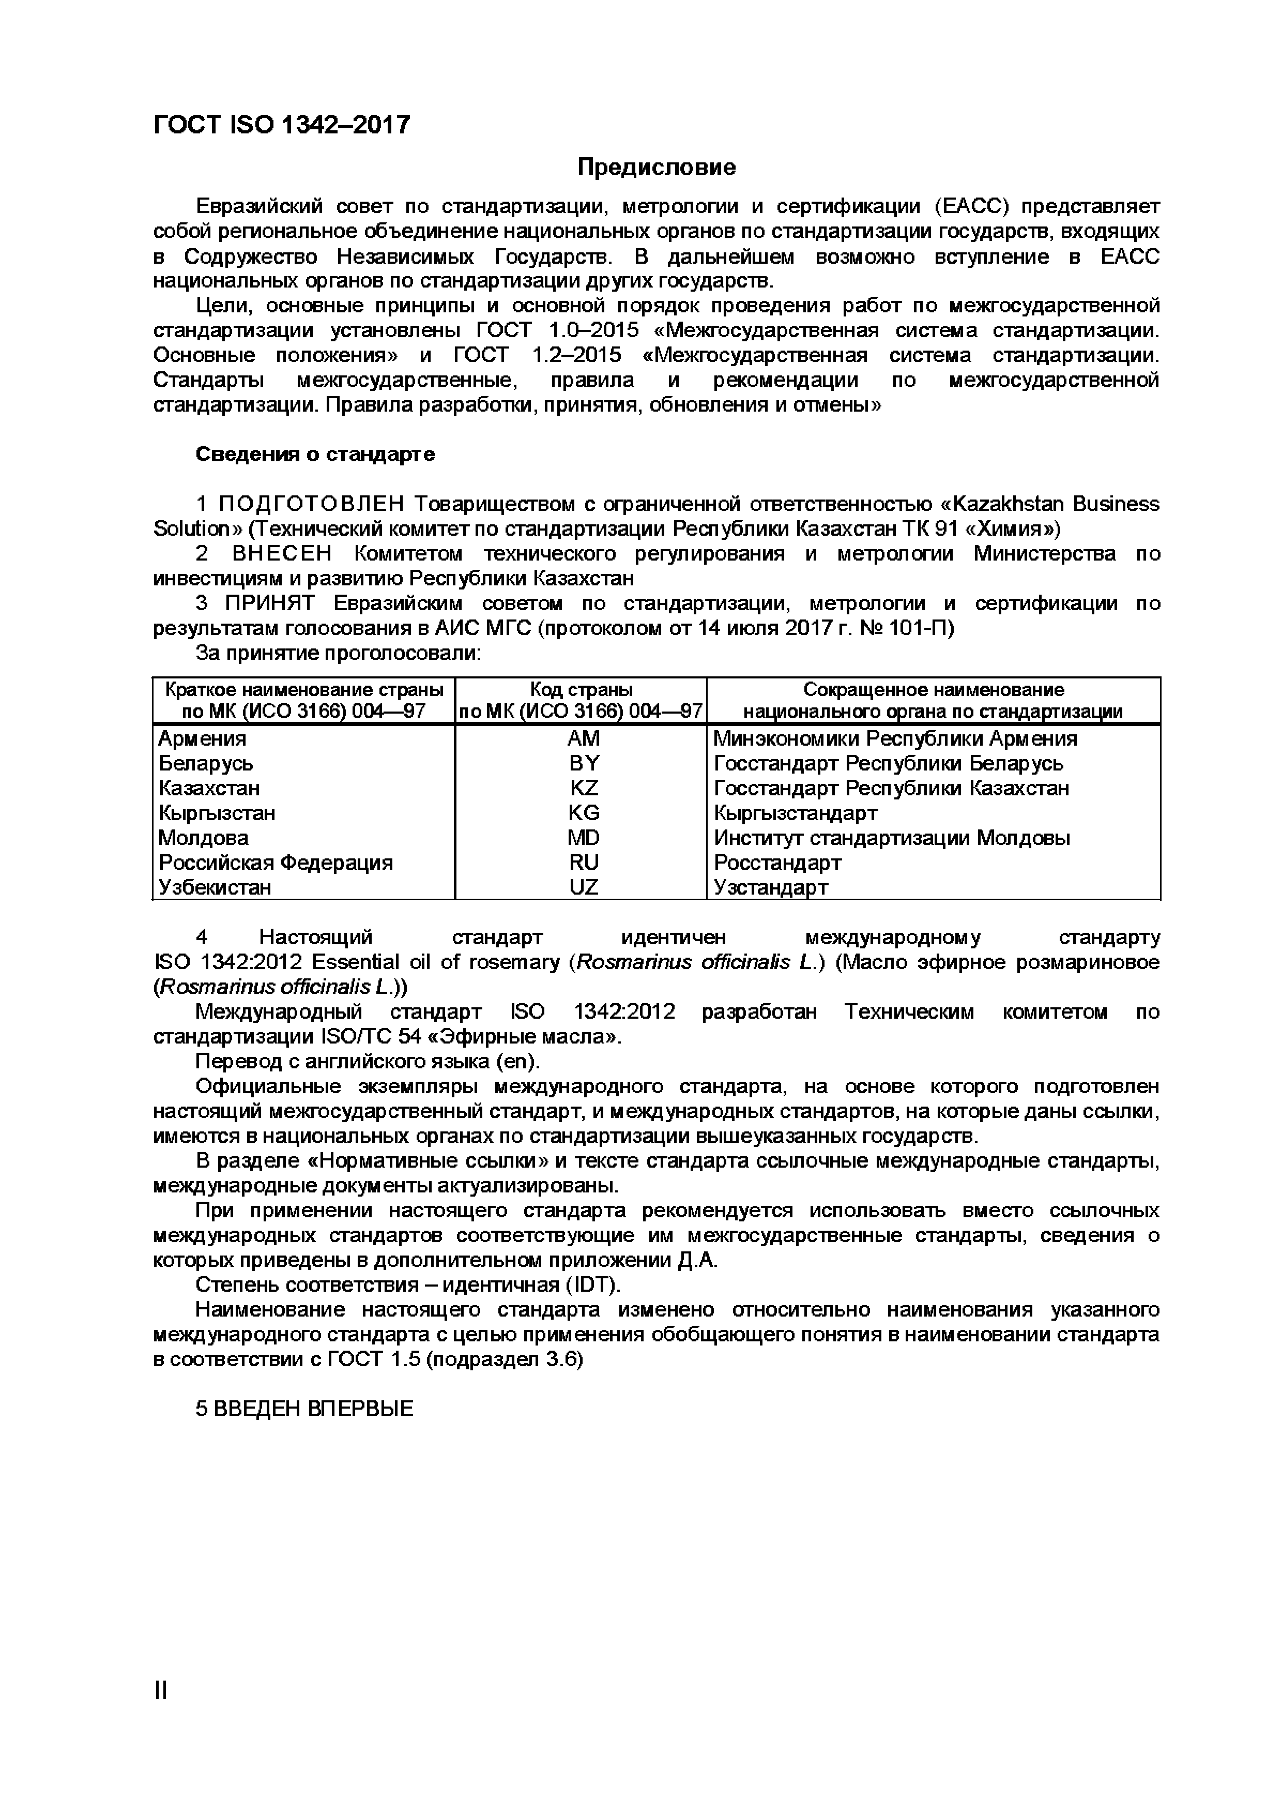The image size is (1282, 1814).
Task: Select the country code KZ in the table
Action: click(x=584, y=788)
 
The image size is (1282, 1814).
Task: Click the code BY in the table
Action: click(x=584, y=763)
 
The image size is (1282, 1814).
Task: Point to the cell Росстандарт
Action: click(x=777, y=862)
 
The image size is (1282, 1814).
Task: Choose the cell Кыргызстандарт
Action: click(x=796, y=812)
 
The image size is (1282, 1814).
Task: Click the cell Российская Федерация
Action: click(x=276, y=862)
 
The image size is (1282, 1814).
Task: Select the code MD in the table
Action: click(x=584, y=838)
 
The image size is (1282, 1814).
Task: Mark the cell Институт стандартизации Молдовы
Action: click(x=892, y=838)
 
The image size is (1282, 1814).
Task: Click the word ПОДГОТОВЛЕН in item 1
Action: click(x=311, y=504)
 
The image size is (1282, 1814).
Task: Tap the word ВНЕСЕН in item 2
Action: click(x=282, y=554)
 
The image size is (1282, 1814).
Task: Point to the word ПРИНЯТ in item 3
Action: click(x=269, y=603)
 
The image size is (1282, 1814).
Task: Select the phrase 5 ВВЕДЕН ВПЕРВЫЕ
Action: click(x=304, y=1409)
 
